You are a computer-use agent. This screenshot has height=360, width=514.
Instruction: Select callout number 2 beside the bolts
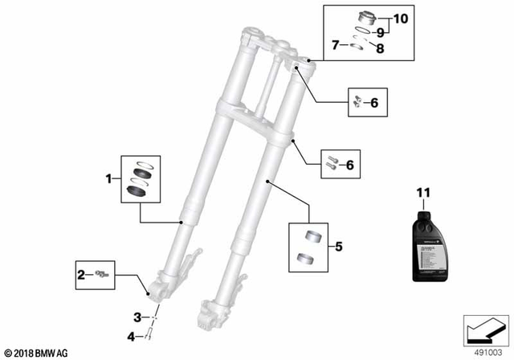click(81, 274)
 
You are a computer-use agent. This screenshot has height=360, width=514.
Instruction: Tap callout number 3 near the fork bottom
click(137, 317)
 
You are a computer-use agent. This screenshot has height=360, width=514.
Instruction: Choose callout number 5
click(338, 247)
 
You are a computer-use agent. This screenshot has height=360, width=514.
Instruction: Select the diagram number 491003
click(483, 351)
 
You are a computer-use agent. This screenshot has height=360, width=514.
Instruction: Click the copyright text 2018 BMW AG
click(36, 352)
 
